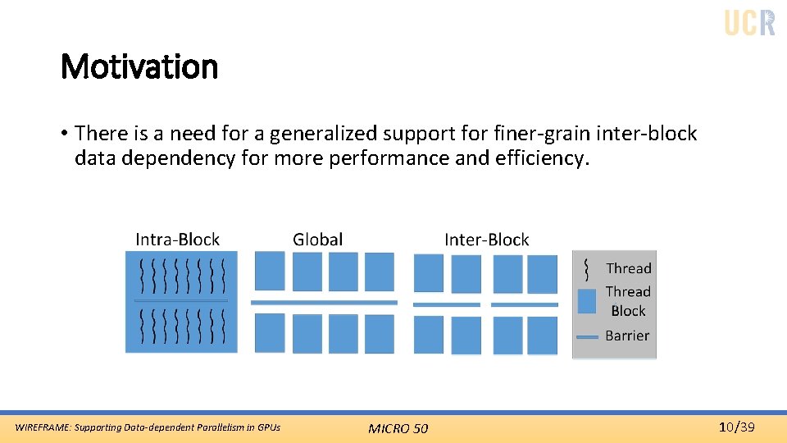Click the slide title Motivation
(139, 67)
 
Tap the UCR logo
(749, 22)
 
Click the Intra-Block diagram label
(177, 240)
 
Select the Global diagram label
(317, 240)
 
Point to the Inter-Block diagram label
(486, 240)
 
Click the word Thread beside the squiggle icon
(628, 268)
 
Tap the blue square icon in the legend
(587, 301)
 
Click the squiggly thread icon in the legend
(586, 268)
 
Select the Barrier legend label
(627, 336)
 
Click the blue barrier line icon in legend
(587, 336)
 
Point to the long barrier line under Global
(324, 303)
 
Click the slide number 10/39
(736, 427)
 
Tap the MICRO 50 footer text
(398, 428)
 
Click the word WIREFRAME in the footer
(40, 427)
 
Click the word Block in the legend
(628, 311)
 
